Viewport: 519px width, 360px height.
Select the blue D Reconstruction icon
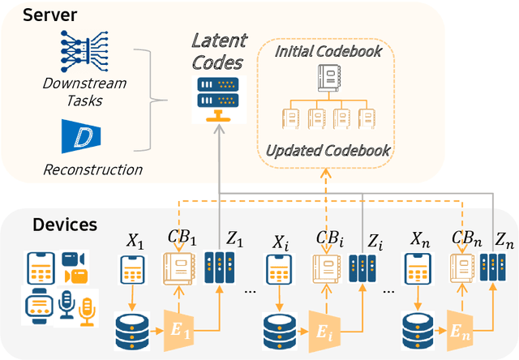(80, 135)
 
